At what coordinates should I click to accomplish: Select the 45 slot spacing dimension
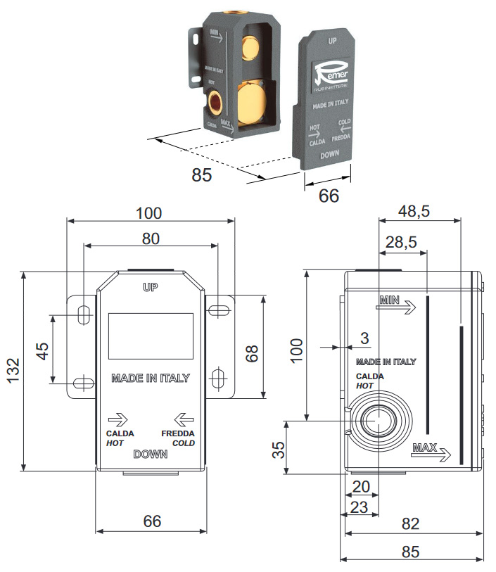[x=42, y=350]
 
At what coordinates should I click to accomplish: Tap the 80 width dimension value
[x=150, y=238]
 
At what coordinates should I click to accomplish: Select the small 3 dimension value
[x=364, y=338]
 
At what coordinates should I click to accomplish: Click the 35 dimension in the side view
[x=279, y=448]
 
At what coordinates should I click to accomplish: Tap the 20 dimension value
[x=361, y=486]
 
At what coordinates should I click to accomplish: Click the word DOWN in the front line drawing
[x=151, y=454]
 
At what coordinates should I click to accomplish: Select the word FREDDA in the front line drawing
[x=177, y=433]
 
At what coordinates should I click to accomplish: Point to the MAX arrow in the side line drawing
[x=431, y=452]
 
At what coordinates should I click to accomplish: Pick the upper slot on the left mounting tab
[x=82, y=315]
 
